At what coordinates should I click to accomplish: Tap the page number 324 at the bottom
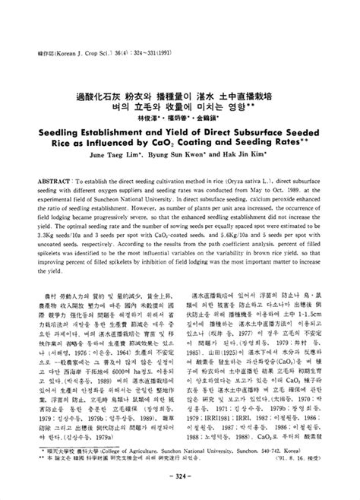point(181,487)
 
